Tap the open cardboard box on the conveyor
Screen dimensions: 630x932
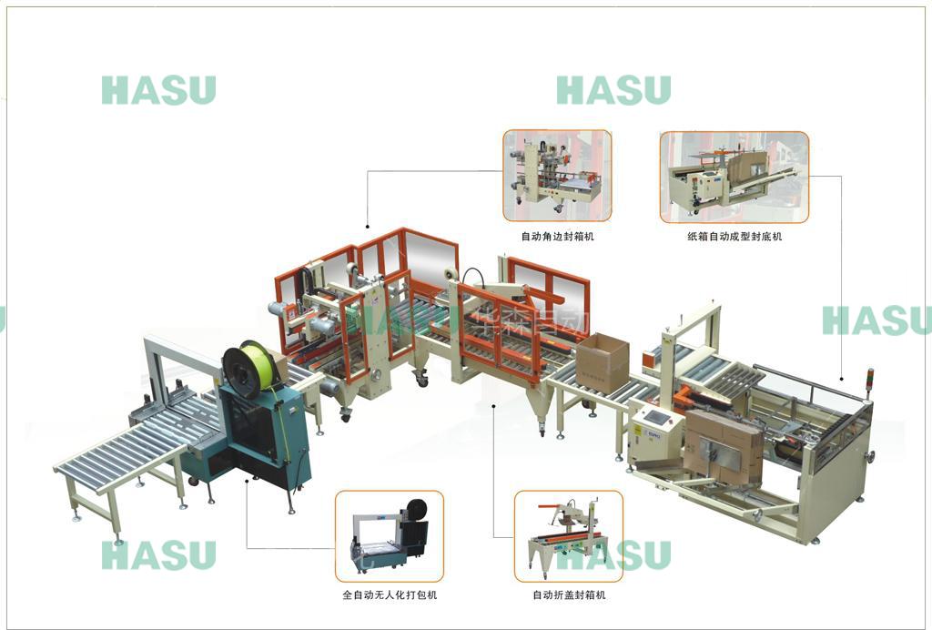(x=602, y=361)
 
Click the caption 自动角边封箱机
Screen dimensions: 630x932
(x=557, y=237)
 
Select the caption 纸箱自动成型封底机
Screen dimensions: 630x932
(x=734, y=237)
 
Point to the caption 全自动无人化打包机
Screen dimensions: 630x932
(x=390, y=595)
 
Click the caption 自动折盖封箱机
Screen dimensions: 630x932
(x=569, y=595)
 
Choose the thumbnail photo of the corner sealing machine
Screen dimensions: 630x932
(x=557, y=176)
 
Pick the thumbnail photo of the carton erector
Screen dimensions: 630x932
(x=734, y=177)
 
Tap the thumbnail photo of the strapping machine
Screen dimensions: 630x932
(x=390, y=536)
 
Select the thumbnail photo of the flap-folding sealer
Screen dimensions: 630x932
(x=569, y=536)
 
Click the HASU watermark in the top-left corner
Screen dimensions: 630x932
(x=158, y=90)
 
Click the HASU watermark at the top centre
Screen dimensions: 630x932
(x=613, y=90)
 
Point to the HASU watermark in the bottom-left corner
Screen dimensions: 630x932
(x=158, y=554)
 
